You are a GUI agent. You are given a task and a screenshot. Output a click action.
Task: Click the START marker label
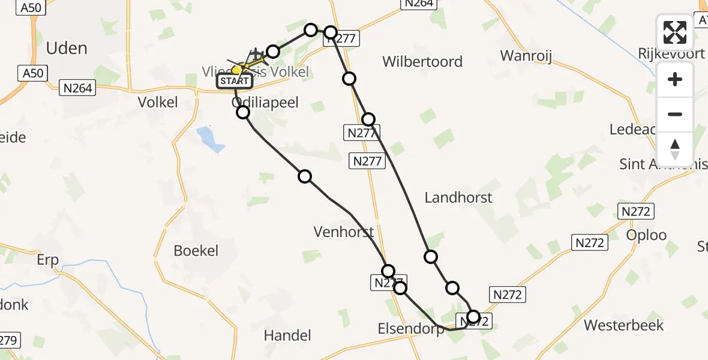click(235, 81)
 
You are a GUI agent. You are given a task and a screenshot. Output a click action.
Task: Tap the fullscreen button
click(675, 32)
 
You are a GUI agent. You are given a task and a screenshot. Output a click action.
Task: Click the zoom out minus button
click(675, 114)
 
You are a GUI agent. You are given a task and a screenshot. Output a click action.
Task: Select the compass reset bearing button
click(675, 149)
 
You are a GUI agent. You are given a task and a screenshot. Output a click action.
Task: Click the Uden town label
click(67, 48)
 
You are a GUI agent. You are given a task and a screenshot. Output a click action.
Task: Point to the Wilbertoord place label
click(422, 61)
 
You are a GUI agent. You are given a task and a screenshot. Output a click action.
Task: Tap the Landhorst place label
click(458, 197)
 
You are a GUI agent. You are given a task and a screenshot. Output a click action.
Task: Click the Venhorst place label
click(344, 232)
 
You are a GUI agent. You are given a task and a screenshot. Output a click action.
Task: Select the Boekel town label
click(196, 250)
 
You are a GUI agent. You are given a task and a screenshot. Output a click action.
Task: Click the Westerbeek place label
click(624, 325)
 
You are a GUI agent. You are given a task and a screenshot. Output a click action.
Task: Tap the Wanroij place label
click(526, 56)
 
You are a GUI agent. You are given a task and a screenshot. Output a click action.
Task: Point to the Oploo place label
click(647, 235)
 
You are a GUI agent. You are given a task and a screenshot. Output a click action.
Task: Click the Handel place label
click(287, 335)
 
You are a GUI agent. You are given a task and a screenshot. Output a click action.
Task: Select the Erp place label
click(48, 260)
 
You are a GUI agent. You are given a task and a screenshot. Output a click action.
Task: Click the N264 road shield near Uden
click(78, 88)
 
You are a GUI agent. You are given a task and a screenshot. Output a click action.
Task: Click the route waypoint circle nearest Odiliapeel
click(243, 112)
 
